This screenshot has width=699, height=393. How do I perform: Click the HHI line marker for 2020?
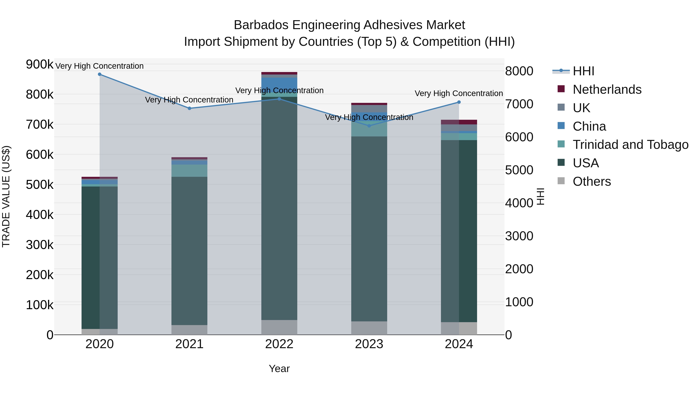(100, 74)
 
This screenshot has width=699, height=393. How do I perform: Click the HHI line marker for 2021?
(189, 108)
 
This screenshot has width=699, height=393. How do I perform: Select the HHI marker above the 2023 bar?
(369, 126)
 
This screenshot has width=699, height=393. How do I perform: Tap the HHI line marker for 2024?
(459, 102)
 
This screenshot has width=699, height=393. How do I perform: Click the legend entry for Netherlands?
(607, 89)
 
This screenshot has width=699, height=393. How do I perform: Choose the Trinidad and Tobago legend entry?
(630, 145)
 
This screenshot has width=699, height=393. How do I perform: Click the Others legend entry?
(592, 181)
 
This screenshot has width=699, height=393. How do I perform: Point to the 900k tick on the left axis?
(40, 65)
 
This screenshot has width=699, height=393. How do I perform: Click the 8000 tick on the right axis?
(519, 71)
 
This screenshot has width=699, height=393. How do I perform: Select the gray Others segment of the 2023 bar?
(369, 328)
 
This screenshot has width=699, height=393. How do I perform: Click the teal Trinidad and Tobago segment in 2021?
(189, 171)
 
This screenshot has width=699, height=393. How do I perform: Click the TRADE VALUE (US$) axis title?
(6, 196)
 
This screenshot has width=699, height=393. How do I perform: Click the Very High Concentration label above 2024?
(459, 94)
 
